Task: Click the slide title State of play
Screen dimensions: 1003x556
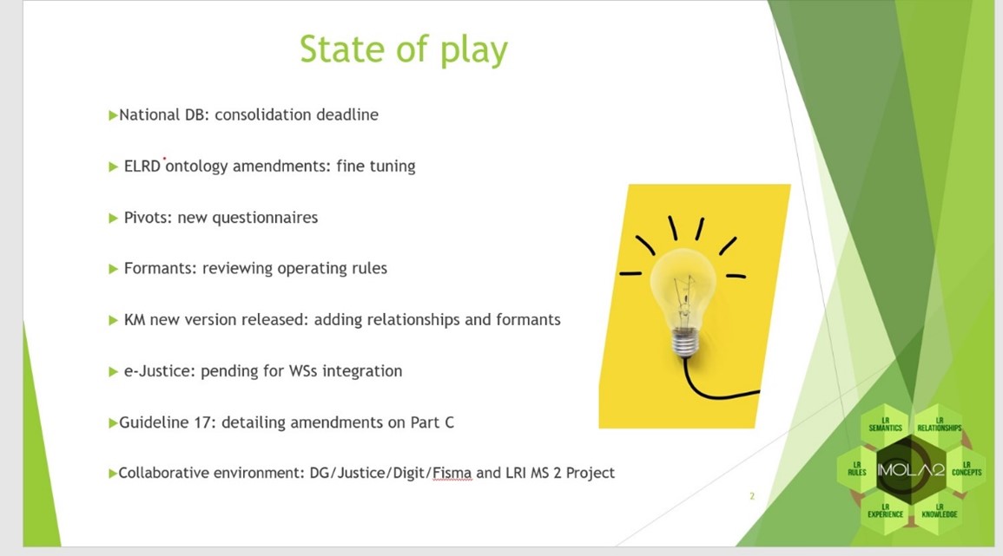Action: pos(404,49)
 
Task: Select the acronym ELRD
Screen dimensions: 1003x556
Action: pos(142,167)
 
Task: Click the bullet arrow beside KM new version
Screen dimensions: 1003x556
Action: pos(113,320)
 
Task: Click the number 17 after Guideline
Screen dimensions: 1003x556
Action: pos(202,422)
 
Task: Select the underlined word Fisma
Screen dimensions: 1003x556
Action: pos(452,473)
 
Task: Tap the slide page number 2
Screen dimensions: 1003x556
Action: pos(752,496)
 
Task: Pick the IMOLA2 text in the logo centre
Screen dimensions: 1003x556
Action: pos(911,471)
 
